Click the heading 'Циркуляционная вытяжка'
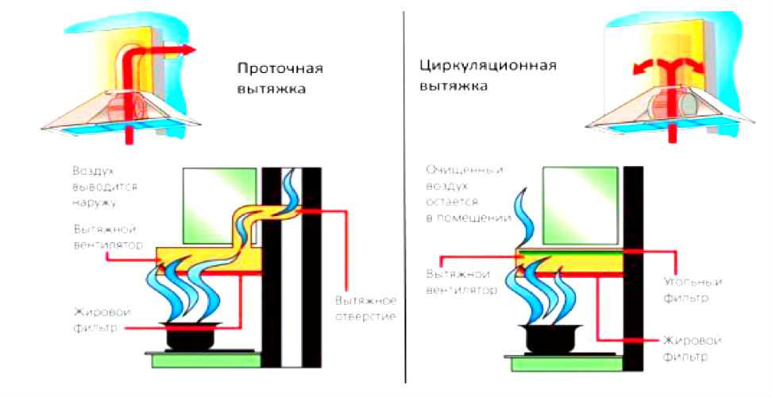tap(477, 74)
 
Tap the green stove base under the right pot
tap(556, 362)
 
